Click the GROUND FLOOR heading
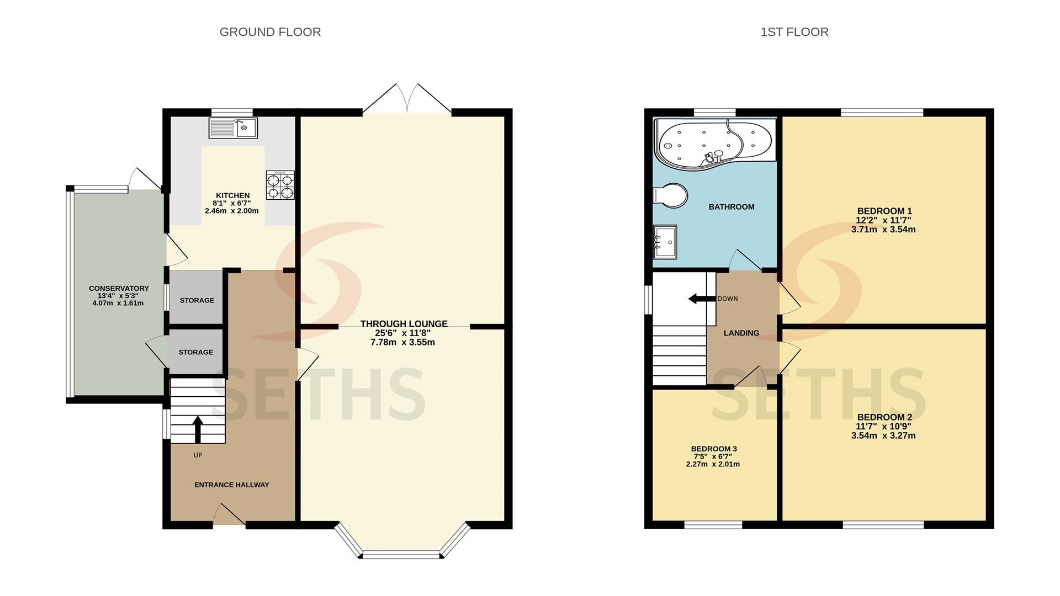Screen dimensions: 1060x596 (270, 32)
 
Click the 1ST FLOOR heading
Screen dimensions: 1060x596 (794, 32)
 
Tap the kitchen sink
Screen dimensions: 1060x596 (233, 128)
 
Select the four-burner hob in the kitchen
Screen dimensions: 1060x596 (280, 185)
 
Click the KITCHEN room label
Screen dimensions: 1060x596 (232, 195)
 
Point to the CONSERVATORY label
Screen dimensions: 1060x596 (119, 288)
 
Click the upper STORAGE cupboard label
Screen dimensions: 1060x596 (197, 300)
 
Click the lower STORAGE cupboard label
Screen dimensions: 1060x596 (196, 352)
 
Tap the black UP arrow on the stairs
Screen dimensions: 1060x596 (198, 429)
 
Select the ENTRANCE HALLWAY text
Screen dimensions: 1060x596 (232, 485)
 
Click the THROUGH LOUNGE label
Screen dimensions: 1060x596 (404, 324)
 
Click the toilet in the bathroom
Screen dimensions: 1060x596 (670, 195)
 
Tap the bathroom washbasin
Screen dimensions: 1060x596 (665, 242)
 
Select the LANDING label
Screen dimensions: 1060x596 (741, 333)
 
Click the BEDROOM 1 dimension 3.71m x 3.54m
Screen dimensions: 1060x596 (883, 230)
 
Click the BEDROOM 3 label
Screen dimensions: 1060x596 (714, 449)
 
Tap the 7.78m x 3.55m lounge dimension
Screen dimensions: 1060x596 (403, 342)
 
